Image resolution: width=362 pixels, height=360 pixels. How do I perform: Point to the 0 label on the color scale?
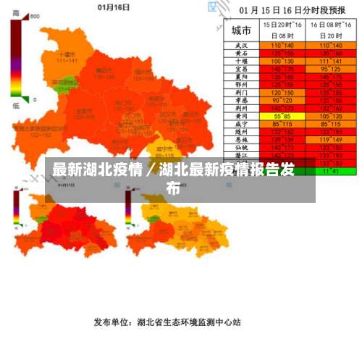[x=33, y=99]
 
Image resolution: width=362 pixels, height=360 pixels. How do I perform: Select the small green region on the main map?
[x=66, y=84]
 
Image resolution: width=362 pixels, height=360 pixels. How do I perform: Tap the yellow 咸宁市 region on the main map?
[x=166, y=150]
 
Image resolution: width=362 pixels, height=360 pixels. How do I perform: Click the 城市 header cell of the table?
[x=242, y=30]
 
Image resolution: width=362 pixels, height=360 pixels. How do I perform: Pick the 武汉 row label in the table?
[x=242, y=45]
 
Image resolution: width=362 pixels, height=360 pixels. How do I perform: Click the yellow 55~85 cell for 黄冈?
[x=277, y=116]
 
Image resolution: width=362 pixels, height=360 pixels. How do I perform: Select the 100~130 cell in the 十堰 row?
[x=277, y=61]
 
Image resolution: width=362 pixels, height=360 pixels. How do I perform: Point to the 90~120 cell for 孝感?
[x=277, y=100]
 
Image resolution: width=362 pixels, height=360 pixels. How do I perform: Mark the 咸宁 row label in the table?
[x=242, y=124]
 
